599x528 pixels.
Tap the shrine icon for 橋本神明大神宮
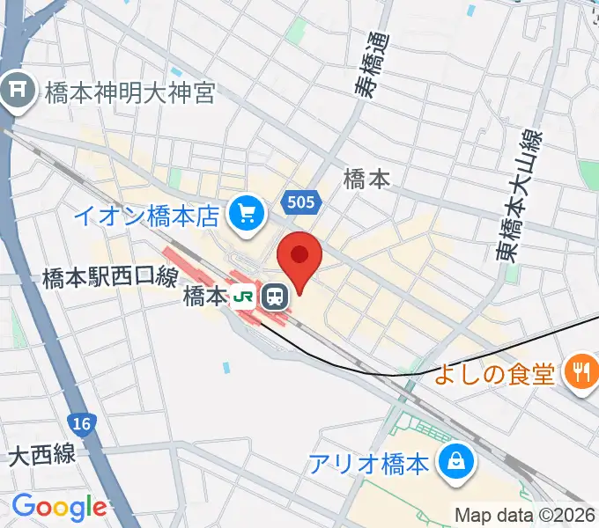(16, 91)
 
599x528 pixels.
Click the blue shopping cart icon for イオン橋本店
(247, 212)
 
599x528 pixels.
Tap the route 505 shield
(300, 203)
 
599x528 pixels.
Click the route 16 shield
(82, 425)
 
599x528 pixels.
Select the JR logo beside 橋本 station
(242, 297)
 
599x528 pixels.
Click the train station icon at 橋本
(276, 297)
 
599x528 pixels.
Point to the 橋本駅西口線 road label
(110, 279)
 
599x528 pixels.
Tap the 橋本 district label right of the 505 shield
(366, 180)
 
